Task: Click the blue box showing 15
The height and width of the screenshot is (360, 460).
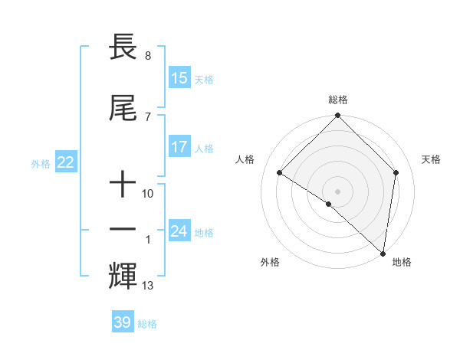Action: [x=179, y=78]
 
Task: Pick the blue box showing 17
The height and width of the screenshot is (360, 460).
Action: [x=179, y=147]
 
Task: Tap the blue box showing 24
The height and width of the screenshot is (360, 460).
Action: [x=179, y=231]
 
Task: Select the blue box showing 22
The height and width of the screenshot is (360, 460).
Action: [x=66, y=162]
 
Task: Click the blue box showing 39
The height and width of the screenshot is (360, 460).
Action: [x=122, y=322]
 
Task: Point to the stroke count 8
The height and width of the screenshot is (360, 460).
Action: [x=148, y=56]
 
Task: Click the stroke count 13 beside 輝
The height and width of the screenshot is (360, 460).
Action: [x=148, y=286]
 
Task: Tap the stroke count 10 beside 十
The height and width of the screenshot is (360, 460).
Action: [x=148, y=194]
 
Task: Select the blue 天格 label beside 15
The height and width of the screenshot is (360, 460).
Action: [x=204, y=79]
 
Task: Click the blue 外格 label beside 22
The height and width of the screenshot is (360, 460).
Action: [x=41, y=163]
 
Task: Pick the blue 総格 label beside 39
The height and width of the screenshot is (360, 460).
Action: [x=147, y=323]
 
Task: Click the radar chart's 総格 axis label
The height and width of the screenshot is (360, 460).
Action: [x=337, y=100]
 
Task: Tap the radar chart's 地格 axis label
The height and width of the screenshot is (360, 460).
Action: [x=402, y=262]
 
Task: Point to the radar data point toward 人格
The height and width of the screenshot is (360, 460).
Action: [x=280, y=173]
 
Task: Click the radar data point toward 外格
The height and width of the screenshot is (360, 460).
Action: [x=328, y=204]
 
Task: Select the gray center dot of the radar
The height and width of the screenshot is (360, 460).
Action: [x=337, y=191]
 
